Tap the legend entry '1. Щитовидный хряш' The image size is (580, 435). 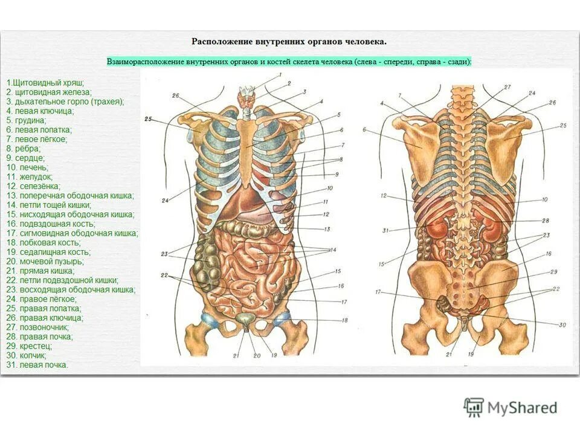[x=45, y=82]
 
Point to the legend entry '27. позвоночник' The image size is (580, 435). [x=42, y=327]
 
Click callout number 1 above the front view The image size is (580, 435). [x=280, y=75]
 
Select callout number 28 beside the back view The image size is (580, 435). [x=545, y=221]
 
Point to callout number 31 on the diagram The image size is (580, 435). [x=385, y=230]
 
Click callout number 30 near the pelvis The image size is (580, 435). [x=562, y=325]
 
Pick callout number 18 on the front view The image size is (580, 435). [x=345, y=320]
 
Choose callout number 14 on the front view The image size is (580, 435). [x=333, y=250]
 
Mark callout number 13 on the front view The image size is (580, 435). [x=327, y=230]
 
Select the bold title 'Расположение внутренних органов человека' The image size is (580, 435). [x=289, y=42]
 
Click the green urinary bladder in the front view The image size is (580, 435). [x=245, y=320]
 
